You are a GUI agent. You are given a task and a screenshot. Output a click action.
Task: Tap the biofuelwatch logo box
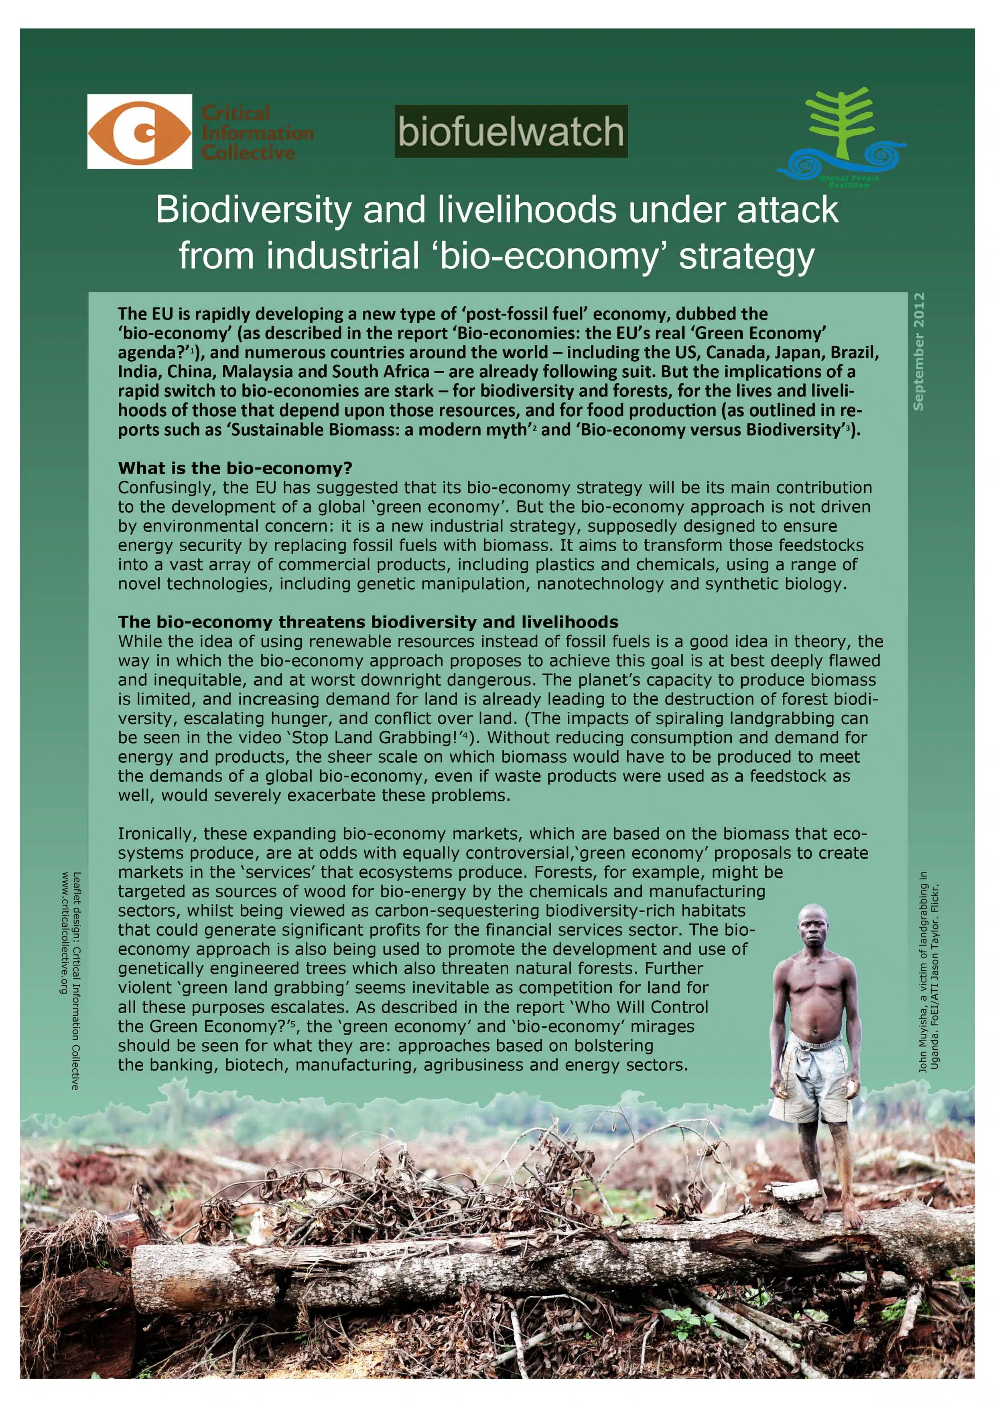pyautogui.click(x=511, y=131)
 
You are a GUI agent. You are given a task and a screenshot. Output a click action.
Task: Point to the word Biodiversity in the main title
pyautogui.click(x=253, y=210)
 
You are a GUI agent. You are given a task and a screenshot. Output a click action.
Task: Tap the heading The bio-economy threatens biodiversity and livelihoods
pyautogui.click(x=368, y=622)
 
